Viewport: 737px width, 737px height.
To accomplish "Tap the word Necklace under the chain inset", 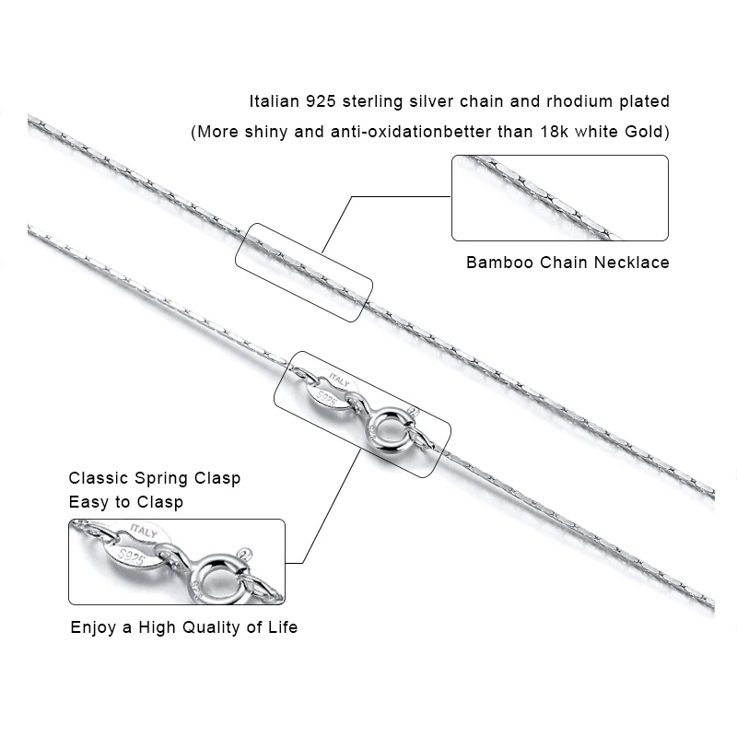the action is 631,263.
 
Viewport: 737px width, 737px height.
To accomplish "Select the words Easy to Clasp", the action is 125,502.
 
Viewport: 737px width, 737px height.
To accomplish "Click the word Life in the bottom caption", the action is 282,628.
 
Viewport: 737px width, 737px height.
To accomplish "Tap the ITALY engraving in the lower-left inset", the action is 143,533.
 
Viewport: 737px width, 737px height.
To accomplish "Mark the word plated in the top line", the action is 645,101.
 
